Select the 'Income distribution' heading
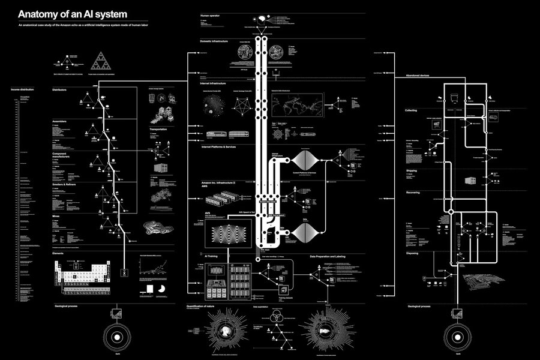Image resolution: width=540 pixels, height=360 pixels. point(23,89)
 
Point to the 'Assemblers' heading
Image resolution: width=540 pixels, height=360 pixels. point(59,121)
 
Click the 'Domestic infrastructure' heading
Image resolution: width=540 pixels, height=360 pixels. point(215,41)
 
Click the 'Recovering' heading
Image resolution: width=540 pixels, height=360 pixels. point(412,193)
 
